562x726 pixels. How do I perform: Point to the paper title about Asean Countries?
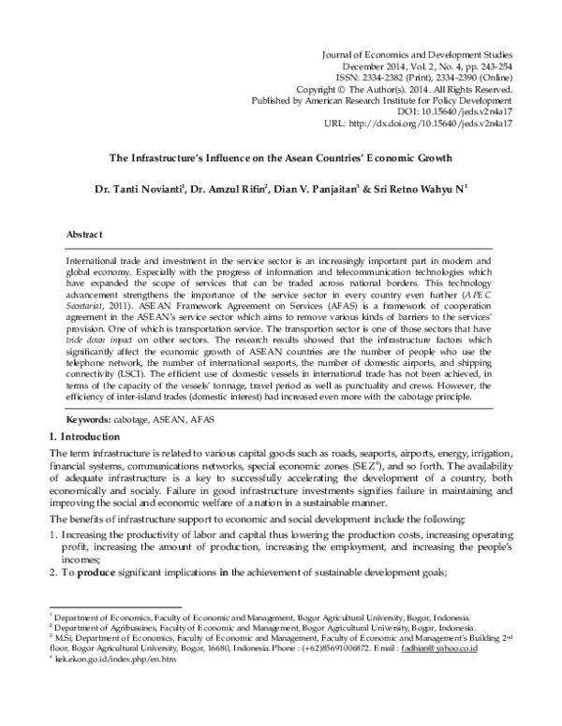[281, 159]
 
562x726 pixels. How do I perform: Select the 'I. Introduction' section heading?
[85, 437]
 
